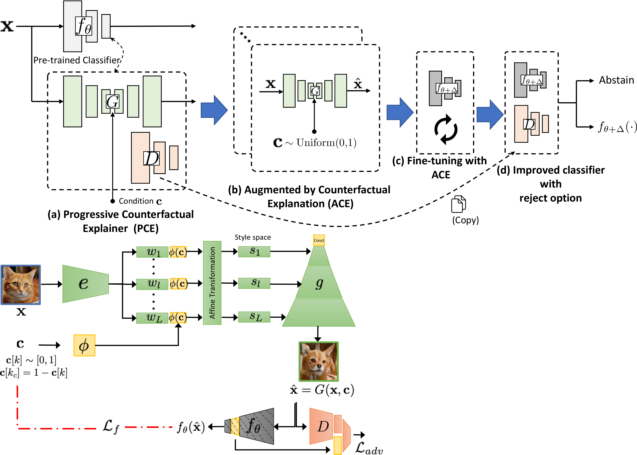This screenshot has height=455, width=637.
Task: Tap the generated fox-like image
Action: [319, 361]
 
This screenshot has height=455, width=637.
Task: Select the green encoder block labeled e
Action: [85, 284]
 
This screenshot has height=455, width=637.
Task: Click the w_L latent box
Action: [152, 318]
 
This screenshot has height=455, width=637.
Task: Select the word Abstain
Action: [616, 80]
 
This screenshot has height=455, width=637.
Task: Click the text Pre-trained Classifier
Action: [77, 60]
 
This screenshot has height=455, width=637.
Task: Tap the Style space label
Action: [252, 237]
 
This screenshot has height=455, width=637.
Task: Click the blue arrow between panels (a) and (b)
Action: [214, 110]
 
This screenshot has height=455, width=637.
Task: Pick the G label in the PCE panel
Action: [112, 101]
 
